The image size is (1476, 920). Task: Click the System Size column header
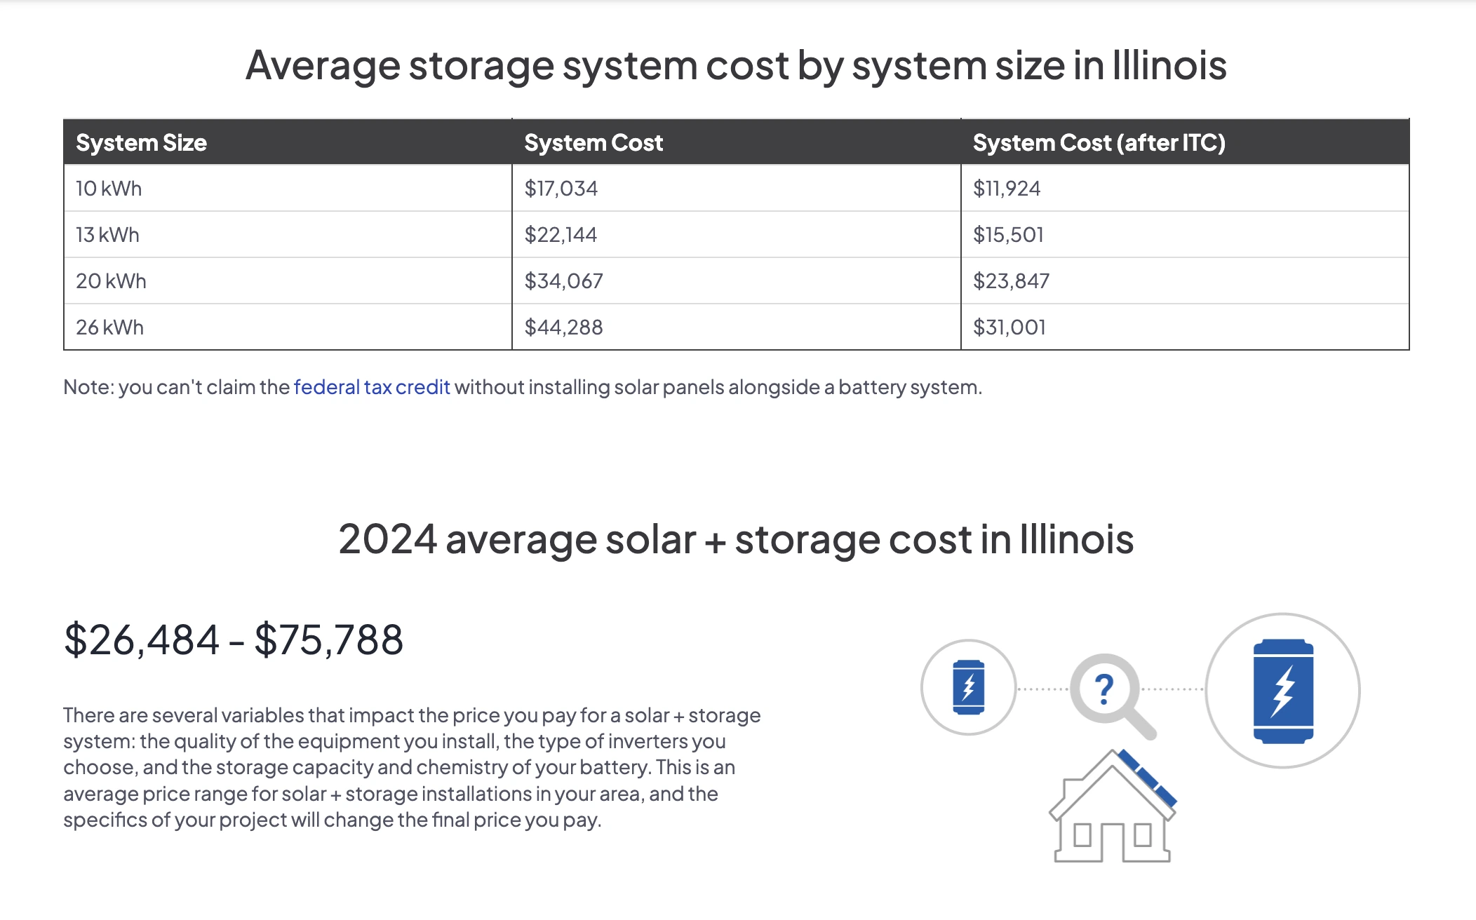[141, 143]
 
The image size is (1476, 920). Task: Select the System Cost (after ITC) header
[1099, 143]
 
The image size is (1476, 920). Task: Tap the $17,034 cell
[561, 189]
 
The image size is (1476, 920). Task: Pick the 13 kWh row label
[107, 235]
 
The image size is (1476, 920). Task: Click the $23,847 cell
[1011, 281]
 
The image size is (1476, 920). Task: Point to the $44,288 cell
[563, 327]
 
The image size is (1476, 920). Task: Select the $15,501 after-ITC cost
[1008, 235]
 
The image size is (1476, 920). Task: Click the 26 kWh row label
[109, 327]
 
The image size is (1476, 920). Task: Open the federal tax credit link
[371, 387]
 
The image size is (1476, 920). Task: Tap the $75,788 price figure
[328, 640]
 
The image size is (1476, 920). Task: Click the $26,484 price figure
[142, 640]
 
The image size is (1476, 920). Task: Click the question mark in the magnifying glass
[1103, 689]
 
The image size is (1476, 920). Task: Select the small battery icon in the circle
[968, 687]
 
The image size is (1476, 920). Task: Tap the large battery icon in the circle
[1283, 691]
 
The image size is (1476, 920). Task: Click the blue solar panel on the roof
[1148, 778]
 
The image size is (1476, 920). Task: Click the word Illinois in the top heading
[1169, 66]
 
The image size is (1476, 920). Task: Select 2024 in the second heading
[387, 540]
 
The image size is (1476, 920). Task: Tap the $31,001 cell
[1009, 327]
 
